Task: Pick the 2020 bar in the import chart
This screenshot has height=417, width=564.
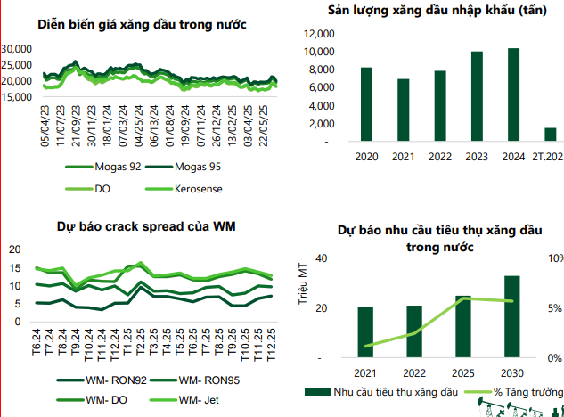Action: click(x=367, y=104)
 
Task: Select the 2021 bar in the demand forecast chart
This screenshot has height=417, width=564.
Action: click(x=365, y=332)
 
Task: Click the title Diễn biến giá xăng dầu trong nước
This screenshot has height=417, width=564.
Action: click(x=143, y=24)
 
